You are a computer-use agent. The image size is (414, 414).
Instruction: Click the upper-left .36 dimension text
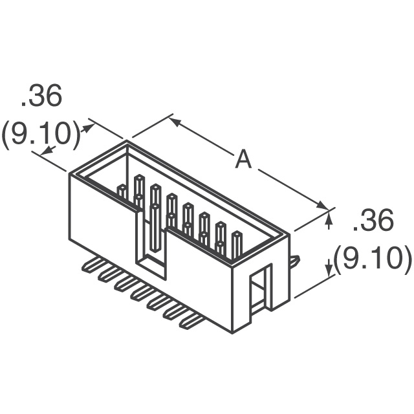point(41,96)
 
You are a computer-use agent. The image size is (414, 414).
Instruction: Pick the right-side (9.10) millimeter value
point(373,261)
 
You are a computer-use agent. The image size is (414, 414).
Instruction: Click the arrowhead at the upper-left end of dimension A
point(175,122)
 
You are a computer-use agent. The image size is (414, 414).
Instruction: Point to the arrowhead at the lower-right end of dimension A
point(323,205)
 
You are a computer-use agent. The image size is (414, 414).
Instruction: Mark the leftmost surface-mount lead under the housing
point(93,265)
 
